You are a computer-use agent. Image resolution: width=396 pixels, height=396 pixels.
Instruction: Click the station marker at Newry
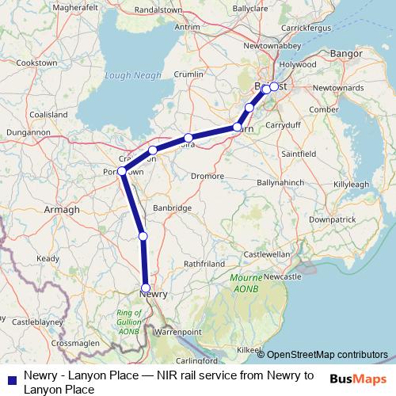click(x=145, y=287)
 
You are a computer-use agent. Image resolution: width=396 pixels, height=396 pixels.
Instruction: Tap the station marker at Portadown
click(x=122, y=171)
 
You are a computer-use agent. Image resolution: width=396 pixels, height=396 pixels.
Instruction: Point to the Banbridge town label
click(x=173, y=208)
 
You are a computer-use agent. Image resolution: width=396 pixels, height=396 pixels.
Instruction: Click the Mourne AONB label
click(x=246, y=283)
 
